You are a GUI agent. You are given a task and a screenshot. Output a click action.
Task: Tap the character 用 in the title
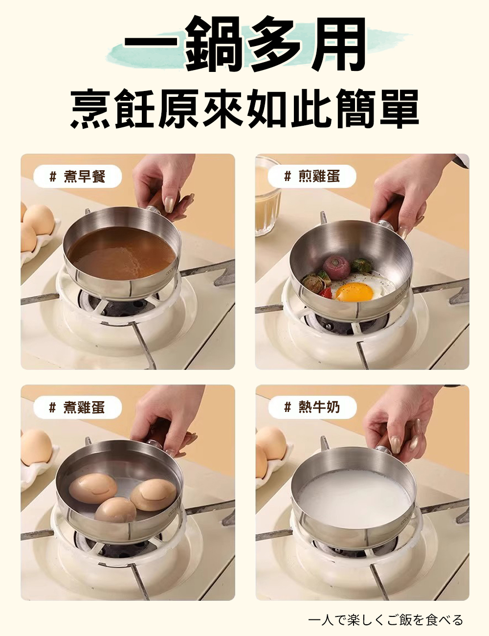click(x=337, y=44)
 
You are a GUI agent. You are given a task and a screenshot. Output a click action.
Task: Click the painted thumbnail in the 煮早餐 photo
click(x=169, y=204)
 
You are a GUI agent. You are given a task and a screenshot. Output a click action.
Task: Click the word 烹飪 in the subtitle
click(x=113, y=109)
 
